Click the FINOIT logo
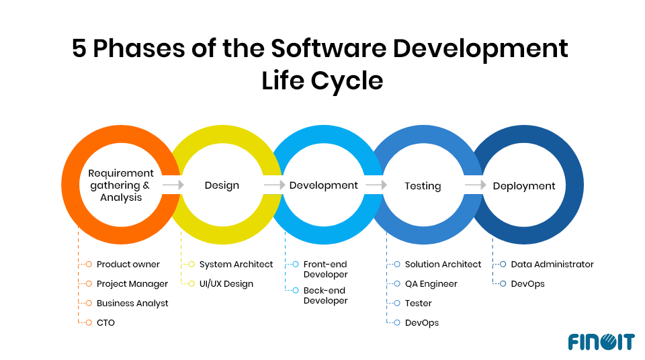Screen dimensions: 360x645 pyautogui.click(x=601, y=341)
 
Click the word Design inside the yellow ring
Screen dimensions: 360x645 pyautogui.click(x=222, y=185)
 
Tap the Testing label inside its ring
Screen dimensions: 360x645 pyautogui.click(x=423, y=185)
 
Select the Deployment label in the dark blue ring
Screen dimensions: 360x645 pyautogui.click(x=524, y=185)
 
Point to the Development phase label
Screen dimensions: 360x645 pyautogui.click(x=324, y=185)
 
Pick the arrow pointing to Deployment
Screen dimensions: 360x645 pyautogui.click(x=475, y=185)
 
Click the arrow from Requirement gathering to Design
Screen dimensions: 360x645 pyautogui.click(x=173, y=185)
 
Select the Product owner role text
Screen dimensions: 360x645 pyautogui.click(x=128, y=265)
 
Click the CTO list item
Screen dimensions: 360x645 pyautogui.click(x=105, y=323)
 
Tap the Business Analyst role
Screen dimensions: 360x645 pyautogui.click(x=132, y=304)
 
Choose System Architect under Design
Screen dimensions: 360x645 pyautogui.click(x=236, y=265)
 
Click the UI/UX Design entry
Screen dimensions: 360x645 pyautogui.click(x=226, y=284)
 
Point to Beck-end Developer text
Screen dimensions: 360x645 pyautogui.click(x=326, y=296)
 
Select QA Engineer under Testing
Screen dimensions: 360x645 pyautogui.click(x=431, y=284)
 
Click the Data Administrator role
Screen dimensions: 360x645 pyautogui.click(x=552, y=265)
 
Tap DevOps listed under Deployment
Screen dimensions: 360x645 pyautogui.click(x=528, y=284)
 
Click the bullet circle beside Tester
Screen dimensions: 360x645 pyautogui.click(x=397, y=304)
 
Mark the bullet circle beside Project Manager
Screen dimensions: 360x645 pyautogui.click(x=89, y=284)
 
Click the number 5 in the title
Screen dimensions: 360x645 pyautogui.click(x=79, y=49)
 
